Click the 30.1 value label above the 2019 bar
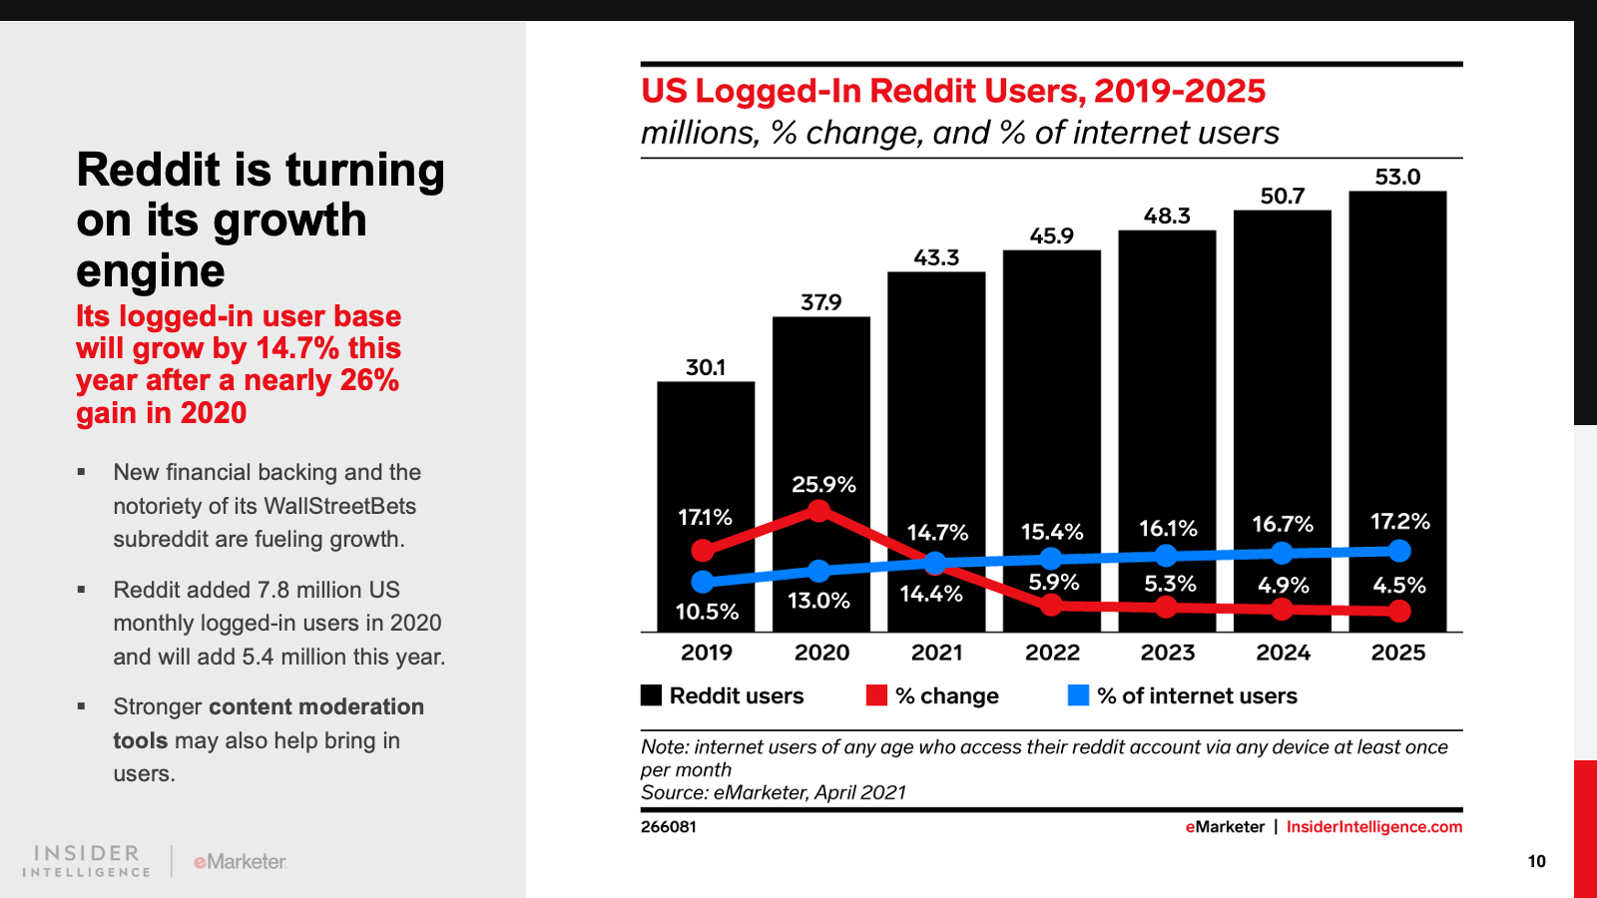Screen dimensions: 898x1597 coord(706,367)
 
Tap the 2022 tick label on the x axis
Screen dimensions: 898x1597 coord(1052,653)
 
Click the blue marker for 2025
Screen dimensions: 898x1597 coord(1399,551)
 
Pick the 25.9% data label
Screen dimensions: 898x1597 coord(823,485)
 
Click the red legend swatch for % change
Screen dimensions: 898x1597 coord(876,695)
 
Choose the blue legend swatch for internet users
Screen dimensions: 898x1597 coord(1078,695)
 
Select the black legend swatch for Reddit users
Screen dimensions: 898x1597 coord(651,695)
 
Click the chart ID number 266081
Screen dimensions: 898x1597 coord(669,826)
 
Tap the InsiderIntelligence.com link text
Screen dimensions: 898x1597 coord(1373,826)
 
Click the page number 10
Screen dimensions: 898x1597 coord(1536,861)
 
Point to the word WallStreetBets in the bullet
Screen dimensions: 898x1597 coord(339,506)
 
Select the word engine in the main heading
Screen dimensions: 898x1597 coord(151,271)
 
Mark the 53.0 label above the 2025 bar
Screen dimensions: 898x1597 coord(1397,178)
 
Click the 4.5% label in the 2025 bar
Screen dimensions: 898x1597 coord(1399,586)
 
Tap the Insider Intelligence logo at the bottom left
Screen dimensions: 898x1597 coord(87,861)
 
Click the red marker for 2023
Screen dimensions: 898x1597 coord(1166,607)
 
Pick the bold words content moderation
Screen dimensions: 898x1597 coord(316,706)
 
